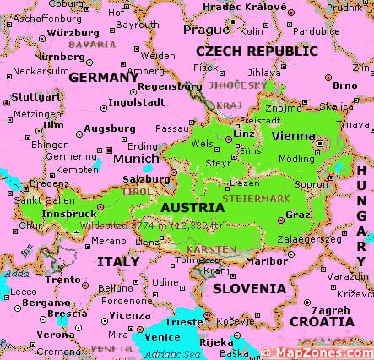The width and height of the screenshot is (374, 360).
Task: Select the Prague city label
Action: [x=206, y=29]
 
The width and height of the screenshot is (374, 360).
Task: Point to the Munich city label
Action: [x=136, y=158]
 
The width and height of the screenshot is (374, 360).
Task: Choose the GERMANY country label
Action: [x=102, y=77]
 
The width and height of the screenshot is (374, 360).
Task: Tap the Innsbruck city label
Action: [x=68, y=214]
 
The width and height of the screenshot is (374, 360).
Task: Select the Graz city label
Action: [x=298, y=214]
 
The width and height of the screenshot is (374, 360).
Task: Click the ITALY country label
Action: [x=117, y=262]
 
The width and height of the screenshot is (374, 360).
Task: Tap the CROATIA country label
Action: [x=322, y=321]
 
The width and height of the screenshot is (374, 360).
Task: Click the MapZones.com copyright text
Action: [x=317, y=352]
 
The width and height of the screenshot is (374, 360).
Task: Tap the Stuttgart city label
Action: [x=30, y=96]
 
